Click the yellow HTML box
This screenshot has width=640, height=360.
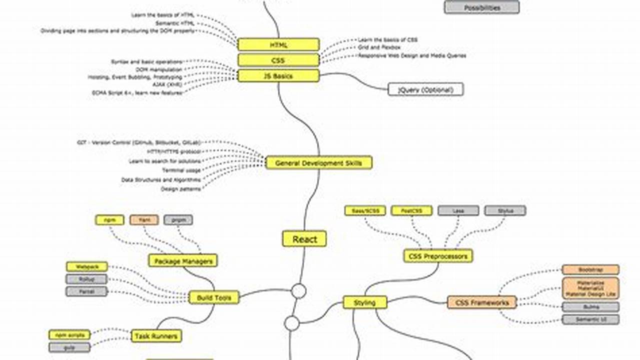tap(278, 44)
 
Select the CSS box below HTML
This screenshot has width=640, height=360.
tap(278, 60)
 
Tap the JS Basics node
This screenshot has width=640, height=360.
tap(278, 76)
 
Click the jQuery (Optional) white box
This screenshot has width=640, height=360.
tap(425, 89)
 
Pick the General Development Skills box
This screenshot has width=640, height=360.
tap(319, 163)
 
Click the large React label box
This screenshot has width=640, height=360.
tap(304, 239)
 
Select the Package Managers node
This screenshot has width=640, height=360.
tap(183, 261)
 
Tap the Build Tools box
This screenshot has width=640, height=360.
tap(214, 297)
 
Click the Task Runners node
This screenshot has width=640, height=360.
tap(156, 336)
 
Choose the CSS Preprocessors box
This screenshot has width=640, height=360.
tap(438, 256)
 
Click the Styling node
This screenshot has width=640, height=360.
tap(365, 302)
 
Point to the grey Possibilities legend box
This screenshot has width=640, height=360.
tap(481, 7)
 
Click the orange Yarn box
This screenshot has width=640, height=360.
tap(144, 219)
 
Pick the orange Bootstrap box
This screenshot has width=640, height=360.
tap(590, 270)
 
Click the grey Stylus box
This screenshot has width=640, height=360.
tap(505, 210)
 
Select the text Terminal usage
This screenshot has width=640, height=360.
tap(182, 170)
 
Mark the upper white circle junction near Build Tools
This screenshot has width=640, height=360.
tap(299, 291)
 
